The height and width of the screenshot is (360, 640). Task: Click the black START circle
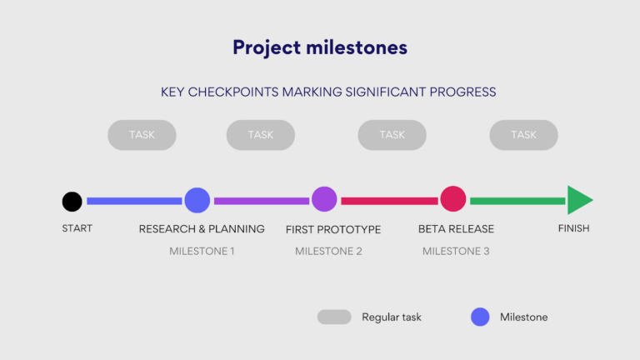[x=72, y=201]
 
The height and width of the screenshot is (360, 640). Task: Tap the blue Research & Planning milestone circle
[x=197, y=200]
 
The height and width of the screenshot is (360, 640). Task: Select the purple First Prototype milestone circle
[x=324, y=199]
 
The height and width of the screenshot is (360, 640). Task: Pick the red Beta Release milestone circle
[x=452, y=199]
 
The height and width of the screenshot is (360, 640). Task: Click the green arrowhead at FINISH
[x=578, y=200]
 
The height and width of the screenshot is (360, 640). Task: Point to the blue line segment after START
[x=134, y=201]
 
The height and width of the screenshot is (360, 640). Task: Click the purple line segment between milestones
[x=262, y=201]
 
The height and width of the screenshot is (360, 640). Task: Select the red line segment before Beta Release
[x=389, y=201]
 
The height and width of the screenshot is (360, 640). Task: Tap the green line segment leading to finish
[x=517, y=201]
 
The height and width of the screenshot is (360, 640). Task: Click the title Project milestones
[x=320, y=47]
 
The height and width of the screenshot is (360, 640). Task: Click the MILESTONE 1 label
[x=202, y=251]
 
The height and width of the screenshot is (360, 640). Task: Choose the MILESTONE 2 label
[x=328, y=251]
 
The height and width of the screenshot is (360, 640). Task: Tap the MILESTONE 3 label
[x=456, y=251]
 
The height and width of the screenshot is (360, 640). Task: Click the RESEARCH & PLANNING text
[x=202, y=229]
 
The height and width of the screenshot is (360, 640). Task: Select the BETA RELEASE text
[x=456, y=229]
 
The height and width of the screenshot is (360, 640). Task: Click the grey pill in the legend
[x=334, y=317]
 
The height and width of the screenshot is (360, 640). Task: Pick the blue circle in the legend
[x=480, y=317]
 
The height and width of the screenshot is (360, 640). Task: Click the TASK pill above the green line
[x=523, y=135]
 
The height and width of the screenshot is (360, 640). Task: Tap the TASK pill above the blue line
[x=142, y=135]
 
